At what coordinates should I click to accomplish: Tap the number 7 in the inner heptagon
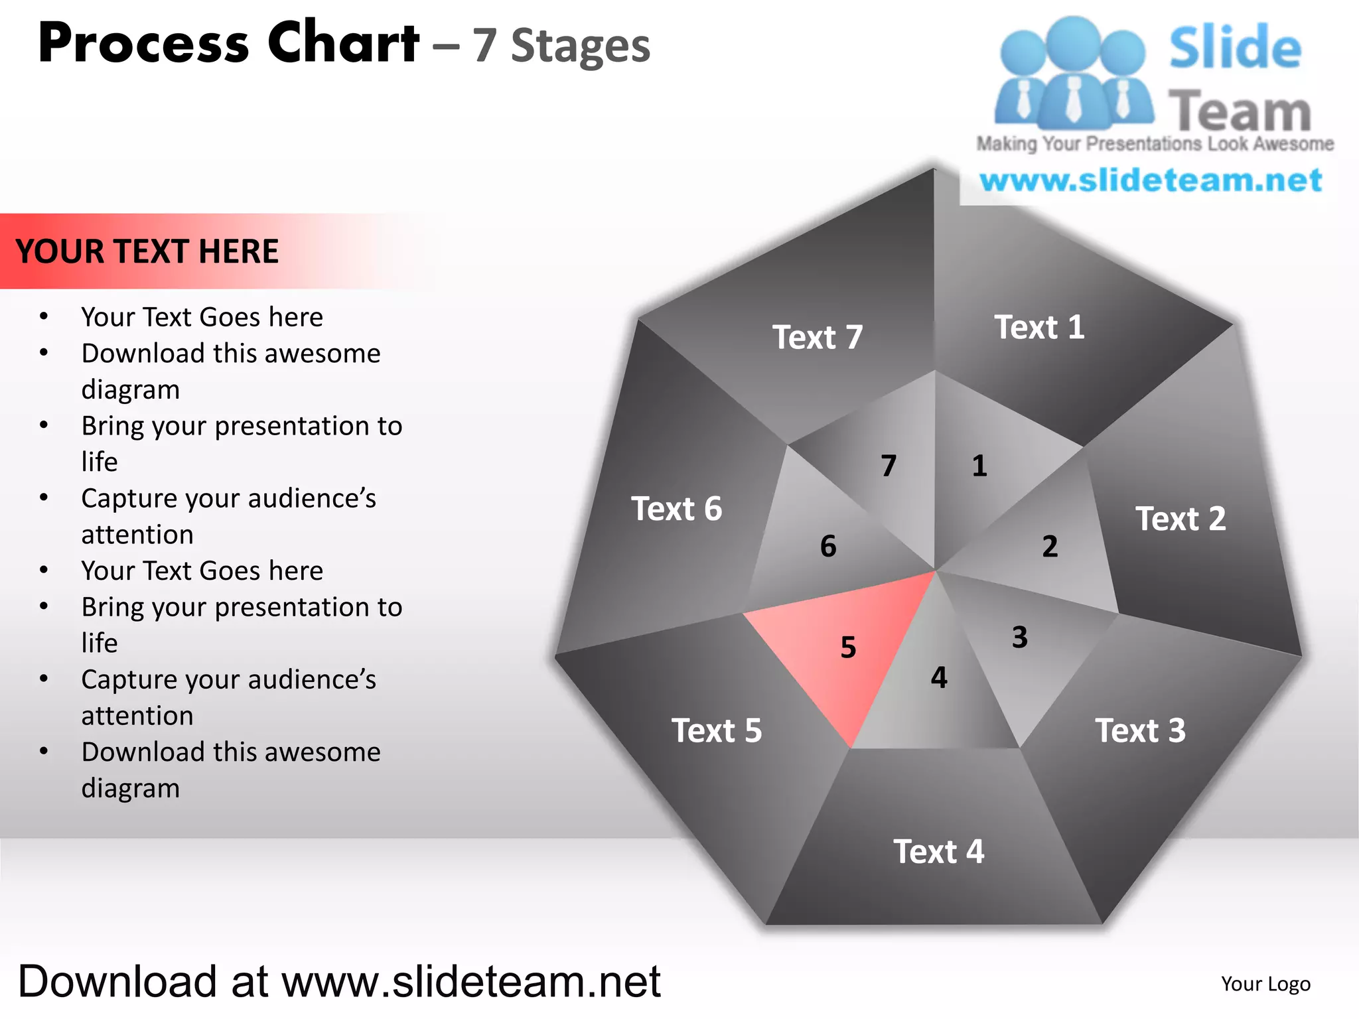tap(889, 466)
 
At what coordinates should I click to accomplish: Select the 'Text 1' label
tap(1039, 327)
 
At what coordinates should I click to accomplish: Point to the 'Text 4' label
tap(938, 851)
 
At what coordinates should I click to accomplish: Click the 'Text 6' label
tap(676, 509)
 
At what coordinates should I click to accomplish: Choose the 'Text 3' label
tap(1140, 730)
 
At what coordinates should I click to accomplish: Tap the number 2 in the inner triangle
tap(1050, 547)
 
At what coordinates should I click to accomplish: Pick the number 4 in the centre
tap(939, 677)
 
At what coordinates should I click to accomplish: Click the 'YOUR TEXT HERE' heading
tap(147, 251)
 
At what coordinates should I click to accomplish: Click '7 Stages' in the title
tap(561, 46)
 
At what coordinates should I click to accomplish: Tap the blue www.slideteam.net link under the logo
tap(1151, 180)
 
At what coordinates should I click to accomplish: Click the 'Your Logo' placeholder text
tap(1265, 984)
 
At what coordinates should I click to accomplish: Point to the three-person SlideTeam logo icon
tap(1073, 74)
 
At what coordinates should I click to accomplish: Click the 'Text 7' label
tap(818, 337)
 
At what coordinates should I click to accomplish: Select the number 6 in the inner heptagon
tap(828, 547)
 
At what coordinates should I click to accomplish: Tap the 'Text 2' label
tap(1180, 519)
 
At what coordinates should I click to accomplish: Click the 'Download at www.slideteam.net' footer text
tap(339, 981)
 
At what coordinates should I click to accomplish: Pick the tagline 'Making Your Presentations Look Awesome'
tap(1155, 144)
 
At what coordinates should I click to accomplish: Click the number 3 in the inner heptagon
tap(1020, 638)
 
